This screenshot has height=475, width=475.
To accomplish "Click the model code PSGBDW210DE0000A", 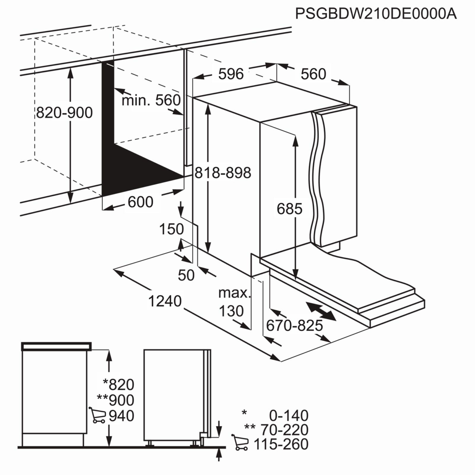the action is [x=376, y=13].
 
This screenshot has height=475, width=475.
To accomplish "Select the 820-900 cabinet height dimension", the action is [x=64, y=113].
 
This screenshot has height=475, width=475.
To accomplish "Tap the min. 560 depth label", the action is [x=151, y=100].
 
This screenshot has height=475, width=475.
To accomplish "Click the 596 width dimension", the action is [x=231, y=74].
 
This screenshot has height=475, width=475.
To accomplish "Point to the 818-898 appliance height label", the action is [x=223, y=172].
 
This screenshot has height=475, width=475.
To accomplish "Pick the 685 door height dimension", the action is [x=289, y=209].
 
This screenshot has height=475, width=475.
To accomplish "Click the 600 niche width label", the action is [x=140, y=202].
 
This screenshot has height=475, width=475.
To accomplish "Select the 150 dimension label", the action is [x=172, y=229].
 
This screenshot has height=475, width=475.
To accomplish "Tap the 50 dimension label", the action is [x=186, y=275].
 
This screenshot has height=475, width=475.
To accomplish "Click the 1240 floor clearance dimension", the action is [x=165, y=301].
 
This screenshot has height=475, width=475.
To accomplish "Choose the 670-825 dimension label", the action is [x=294, y=326].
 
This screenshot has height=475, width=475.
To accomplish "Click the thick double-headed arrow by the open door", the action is [x=321, y=311].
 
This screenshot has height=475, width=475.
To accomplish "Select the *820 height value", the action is [x=118, y=384].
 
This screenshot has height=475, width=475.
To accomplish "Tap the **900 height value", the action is [x=116, y=400].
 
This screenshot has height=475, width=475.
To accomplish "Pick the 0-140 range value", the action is [x=289, y=415].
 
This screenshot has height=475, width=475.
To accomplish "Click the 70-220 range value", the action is [x=284, y=430].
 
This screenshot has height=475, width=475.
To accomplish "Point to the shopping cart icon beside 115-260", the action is [x=240, y=442].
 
